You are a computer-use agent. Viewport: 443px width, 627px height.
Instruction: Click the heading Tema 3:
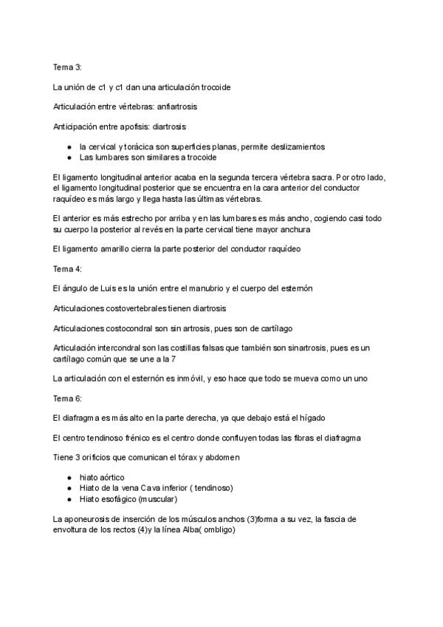(68, 67)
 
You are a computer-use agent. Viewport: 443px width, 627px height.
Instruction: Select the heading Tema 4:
(68, 268)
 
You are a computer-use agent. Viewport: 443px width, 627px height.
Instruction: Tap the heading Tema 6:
(68, 399)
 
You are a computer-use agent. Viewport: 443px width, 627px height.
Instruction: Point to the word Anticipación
(78, 126)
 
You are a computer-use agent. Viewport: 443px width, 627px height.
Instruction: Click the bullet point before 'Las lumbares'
(69, 157)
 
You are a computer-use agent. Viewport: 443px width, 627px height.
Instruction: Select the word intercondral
(128, 347)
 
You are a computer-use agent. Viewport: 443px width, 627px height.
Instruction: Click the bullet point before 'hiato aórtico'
(69, 478)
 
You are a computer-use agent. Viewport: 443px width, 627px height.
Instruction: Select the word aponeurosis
(89, 520)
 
